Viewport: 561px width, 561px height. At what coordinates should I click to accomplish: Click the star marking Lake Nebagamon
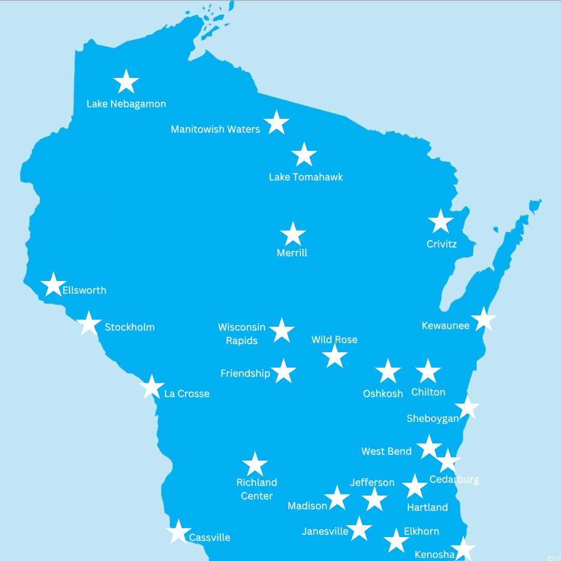tap(126, 82)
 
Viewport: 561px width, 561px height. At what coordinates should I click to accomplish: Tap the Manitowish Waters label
tap(215, 129)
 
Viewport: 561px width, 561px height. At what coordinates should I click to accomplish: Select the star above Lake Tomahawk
tap(304, 155)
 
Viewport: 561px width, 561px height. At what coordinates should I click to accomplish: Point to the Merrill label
tap(292, 253)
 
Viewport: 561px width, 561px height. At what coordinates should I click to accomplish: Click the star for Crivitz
tap(440, 222)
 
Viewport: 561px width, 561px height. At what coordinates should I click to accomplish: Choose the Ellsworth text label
tap(84, 290)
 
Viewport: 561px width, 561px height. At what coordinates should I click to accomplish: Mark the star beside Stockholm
tap(89, 324)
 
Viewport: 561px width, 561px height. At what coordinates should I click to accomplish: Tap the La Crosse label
tap(186, 394)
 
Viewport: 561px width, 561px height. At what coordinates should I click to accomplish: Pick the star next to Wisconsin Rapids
tap(282, 330)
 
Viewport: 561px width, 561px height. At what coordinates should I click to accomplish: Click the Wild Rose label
tap(334, 340)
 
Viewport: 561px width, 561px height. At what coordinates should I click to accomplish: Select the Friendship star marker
tap(284, 371)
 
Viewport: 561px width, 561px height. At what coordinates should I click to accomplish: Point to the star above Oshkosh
tap(388, 371)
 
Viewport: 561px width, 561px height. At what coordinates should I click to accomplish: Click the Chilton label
tap(428, 392)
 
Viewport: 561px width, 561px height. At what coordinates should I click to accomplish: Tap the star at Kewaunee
tap(484, 319)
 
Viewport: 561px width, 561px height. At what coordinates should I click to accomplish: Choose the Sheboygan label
tap(433, 418)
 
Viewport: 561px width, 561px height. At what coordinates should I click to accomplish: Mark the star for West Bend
tap(429, 447)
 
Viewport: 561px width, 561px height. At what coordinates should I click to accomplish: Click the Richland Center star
tap(255, 464)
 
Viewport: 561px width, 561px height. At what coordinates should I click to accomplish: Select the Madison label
tap(308, 505)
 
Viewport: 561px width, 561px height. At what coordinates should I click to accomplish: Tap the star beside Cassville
tap(178, 532)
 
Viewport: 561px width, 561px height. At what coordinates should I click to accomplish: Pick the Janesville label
tap(325, 531)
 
